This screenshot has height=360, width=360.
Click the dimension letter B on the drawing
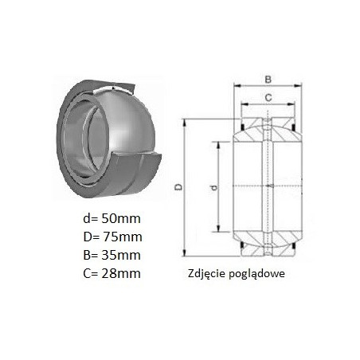pos(268,79)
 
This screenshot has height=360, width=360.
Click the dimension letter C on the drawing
pos(268,98)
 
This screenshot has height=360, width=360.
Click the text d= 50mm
pos(112,219)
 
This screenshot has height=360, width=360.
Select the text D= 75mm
pos(112,237)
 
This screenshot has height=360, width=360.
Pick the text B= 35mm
pos(112,255)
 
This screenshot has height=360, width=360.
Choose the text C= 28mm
pos(112,273)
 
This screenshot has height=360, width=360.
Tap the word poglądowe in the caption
pos(256,274)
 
